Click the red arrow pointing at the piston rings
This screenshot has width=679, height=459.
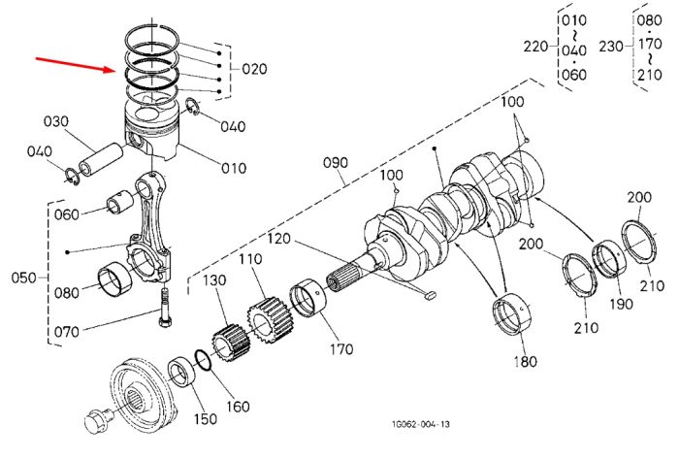pos(75,64)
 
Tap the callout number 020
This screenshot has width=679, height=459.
pos(254,69)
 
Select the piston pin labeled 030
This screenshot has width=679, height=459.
pos(101,159)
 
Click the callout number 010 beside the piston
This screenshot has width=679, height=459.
pos(234,168)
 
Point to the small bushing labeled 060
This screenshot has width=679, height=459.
pos(121,201)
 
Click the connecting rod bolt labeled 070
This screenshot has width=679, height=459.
pos(166,308)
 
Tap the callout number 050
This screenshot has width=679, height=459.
pos(24,278)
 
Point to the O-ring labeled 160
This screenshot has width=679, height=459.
pos(203,360)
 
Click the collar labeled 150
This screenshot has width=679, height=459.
pos(183,372)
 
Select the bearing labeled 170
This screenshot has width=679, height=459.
pos(308,299)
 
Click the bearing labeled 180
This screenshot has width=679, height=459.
pos(512,314)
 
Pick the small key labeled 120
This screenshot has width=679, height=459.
pos(429,296)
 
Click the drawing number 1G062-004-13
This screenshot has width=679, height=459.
pos(420,424)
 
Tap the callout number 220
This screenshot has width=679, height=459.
pos(536,47)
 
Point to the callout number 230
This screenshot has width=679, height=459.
pos(611,47)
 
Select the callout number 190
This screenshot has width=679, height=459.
pos(622,304)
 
